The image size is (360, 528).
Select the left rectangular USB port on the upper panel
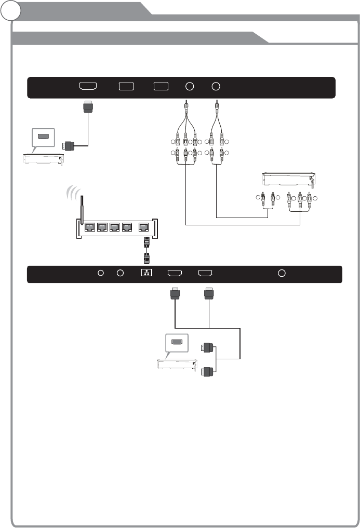tap(126, 87)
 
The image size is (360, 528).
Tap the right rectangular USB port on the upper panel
tap(161, 87)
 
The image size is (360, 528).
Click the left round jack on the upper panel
tap(190, 87)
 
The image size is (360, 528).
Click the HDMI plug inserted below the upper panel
tap(87, 108)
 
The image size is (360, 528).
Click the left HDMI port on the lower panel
tap(175, 273)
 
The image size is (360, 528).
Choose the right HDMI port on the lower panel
tap(206, 273)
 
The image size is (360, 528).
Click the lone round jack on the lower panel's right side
tap(282, 273)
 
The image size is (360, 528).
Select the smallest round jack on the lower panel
tap(102, 273)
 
